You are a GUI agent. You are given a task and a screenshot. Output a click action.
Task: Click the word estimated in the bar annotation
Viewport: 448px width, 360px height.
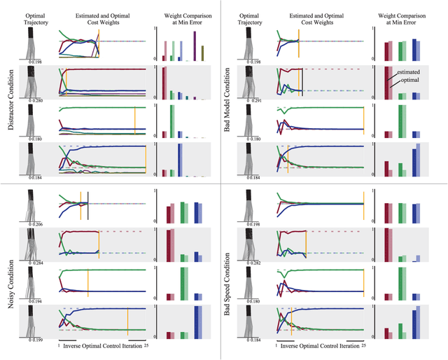[x=409, y=72]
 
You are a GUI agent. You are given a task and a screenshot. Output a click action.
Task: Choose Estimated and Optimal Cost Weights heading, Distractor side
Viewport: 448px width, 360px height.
[x=102, y=18]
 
